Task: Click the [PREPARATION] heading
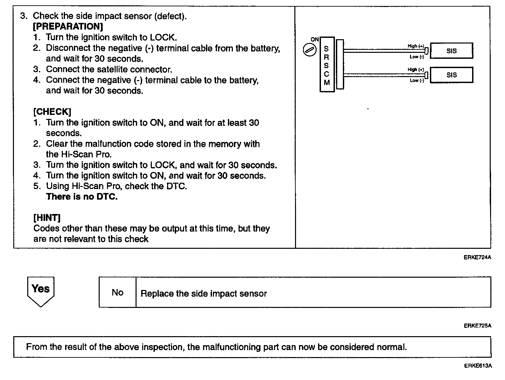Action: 68,27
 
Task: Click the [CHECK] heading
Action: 52,112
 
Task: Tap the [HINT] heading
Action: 47,218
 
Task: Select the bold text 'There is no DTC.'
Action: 82,197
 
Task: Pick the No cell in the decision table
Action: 117,292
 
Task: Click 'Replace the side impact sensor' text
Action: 204,294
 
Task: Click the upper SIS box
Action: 452,51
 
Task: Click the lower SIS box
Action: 452,75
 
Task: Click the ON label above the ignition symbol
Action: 314,40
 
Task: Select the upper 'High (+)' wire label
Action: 416,46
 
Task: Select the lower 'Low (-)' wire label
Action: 417,80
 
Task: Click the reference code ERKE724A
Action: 477,257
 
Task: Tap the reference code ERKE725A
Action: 477,326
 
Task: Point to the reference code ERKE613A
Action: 478,366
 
